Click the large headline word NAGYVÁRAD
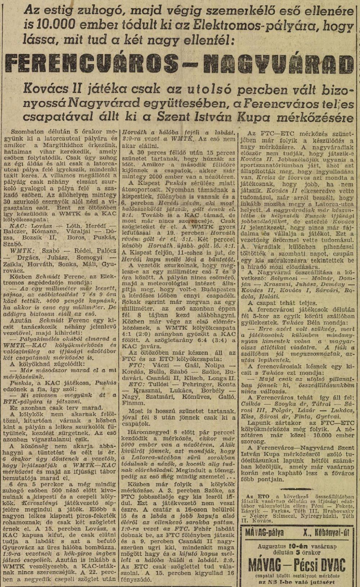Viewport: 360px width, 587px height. click(x=277, y=64)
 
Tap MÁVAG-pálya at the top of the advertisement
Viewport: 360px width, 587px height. click(x=265, y=532)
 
